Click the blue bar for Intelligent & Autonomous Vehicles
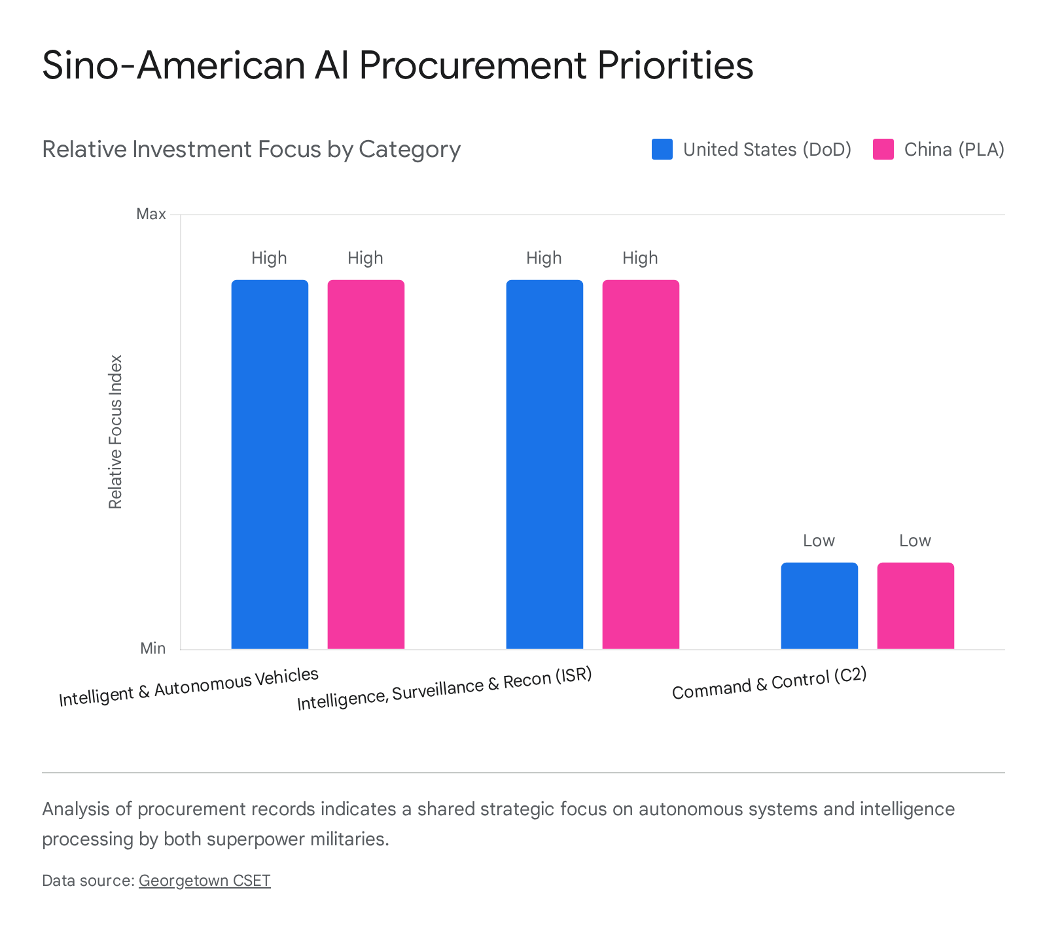click(x=270, y=465)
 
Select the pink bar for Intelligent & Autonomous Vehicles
click(x=366, y=465)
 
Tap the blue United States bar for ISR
click(x=544, y=465)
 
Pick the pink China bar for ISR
click(x=641, y=465)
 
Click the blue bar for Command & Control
click(x=819, y=606)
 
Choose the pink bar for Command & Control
click(x=915, y=606)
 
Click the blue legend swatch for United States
click(x=662, y=149)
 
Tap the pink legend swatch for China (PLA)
click(x=883, y=149)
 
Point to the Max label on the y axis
click(x=151, y=214)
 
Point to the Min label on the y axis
click(x=153, y=648)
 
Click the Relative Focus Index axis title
click(x=116, y=432)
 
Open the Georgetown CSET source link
click(x=204, y=881)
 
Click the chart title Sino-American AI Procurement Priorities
click(x=398, y=65)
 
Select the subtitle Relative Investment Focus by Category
click(x=251, y=149)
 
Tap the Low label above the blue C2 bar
click(x=819, y=540)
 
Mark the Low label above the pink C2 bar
click(x=915, y=540)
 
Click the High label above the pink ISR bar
click(x=640, y=258)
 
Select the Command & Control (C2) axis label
click(x=770, y=684)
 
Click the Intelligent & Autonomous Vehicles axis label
click(x=188, y=687)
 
